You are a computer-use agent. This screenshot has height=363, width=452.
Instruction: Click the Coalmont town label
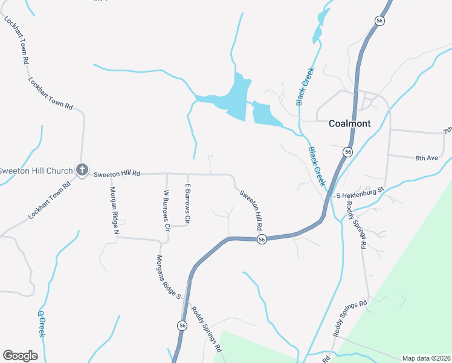[349, 123]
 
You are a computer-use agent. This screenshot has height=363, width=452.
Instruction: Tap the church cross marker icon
[83, 171]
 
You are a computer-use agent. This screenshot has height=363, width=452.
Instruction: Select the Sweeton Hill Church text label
[36, 171]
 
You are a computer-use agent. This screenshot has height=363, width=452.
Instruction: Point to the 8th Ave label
[426, 158]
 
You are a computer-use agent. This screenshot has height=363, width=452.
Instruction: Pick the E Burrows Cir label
[188, 202]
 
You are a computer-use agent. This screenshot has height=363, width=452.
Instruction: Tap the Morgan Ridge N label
[114, 210]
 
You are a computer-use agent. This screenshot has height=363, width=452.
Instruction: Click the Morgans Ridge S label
[169, 275]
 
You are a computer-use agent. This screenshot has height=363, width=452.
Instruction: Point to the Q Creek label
[42, 324]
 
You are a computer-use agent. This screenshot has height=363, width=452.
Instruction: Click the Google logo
[20, 356]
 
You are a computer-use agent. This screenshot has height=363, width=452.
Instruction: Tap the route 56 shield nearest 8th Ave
[347, 152]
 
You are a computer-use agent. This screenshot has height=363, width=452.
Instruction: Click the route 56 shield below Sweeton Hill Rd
[261, 240]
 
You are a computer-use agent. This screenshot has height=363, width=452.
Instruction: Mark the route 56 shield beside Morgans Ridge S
[182, 325]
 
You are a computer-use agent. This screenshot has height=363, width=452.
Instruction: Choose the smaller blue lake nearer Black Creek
[266, 114]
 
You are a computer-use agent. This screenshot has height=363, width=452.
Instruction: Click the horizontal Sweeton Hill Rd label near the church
[117, 174]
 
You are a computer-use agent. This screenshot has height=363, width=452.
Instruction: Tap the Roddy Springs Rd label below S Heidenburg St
[356, 224]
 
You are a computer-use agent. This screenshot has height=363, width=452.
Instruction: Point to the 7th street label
[447, 130]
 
